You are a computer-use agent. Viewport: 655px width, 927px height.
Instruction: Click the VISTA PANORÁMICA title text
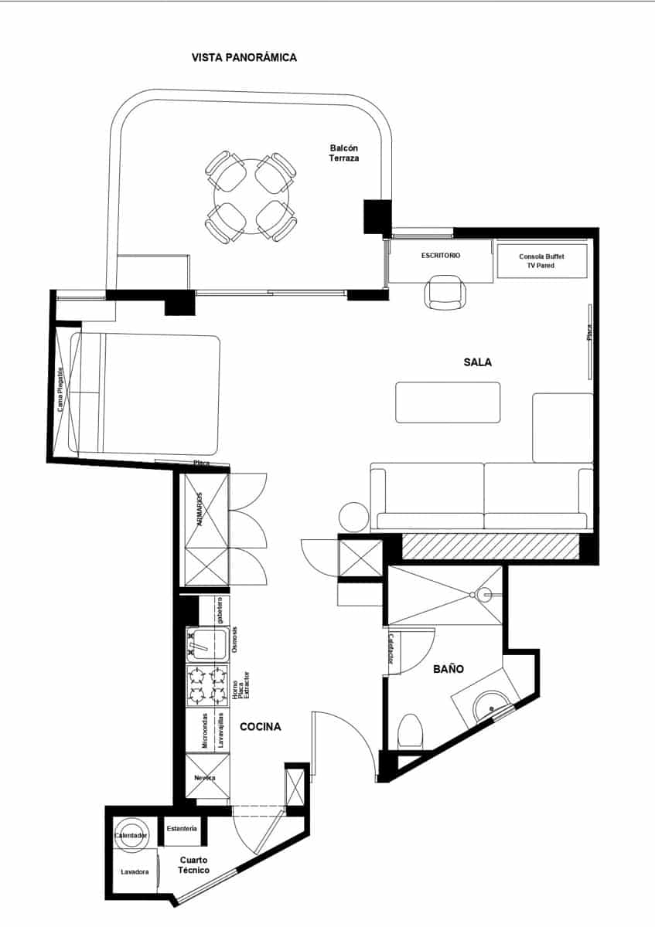pos(244,57)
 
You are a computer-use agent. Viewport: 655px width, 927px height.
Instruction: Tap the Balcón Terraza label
pos(345,153)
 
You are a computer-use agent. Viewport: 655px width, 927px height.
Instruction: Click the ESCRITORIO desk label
pos(441,255)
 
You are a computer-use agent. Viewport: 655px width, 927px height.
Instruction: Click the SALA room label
pos(478,362)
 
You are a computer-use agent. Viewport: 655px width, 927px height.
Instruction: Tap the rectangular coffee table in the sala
pos(448,402)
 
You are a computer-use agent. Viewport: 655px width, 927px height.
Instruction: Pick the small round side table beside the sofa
pos(355,517)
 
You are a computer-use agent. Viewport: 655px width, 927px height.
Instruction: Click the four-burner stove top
pos(206,685)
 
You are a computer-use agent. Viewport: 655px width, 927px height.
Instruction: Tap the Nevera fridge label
pos(205,777)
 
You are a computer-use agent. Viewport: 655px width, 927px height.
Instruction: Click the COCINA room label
pos(260,727)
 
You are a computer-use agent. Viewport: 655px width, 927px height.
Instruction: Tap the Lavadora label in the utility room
pos(135,871)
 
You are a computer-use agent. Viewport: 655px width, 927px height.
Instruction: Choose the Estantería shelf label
pos(182,828)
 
